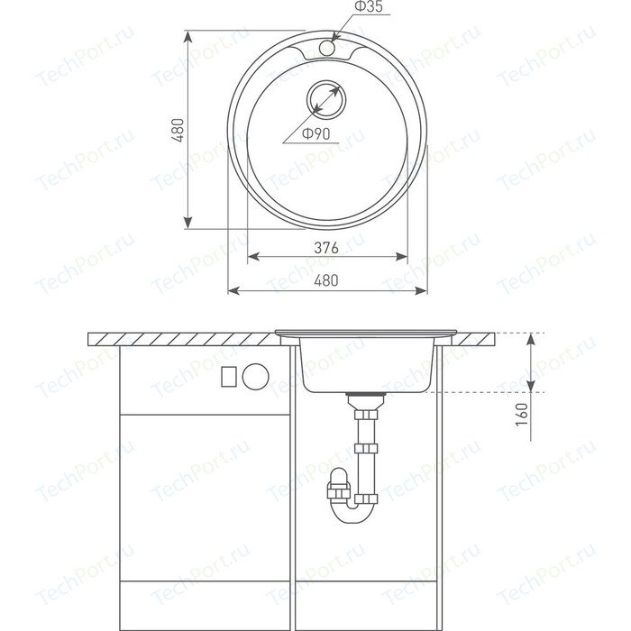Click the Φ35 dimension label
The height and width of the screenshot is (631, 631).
[368, 6]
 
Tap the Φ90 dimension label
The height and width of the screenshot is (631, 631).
[315, 133]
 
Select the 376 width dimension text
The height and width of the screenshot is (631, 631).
[326, 248]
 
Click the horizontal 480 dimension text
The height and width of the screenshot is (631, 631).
[326, 280]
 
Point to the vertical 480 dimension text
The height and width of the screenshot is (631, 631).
[178, 130]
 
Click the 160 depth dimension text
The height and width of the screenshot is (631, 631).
[521, 415]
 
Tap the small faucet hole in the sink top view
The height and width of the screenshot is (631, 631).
[326, 48]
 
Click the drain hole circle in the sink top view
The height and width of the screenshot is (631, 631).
[326, 99]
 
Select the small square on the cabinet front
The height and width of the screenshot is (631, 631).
[229, 377]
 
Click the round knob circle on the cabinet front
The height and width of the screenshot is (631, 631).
[255, 376]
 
